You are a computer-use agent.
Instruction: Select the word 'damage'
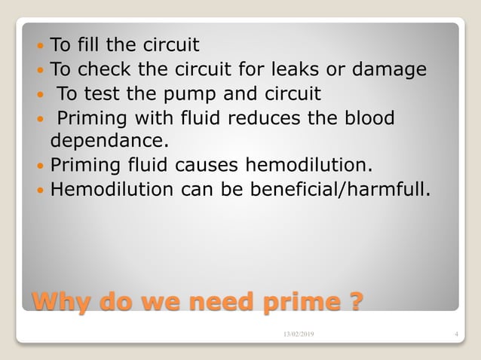coord(393,70)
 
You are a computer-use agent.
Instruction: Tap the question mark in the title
coord(354,301)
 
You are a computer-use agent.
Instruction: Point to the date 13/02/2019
coord(299,334)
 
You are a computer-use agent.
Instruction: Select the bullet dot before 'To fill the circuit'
coord(41,47)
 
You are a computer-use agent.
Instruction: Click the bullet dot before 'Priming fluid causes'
coord(41,166)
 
